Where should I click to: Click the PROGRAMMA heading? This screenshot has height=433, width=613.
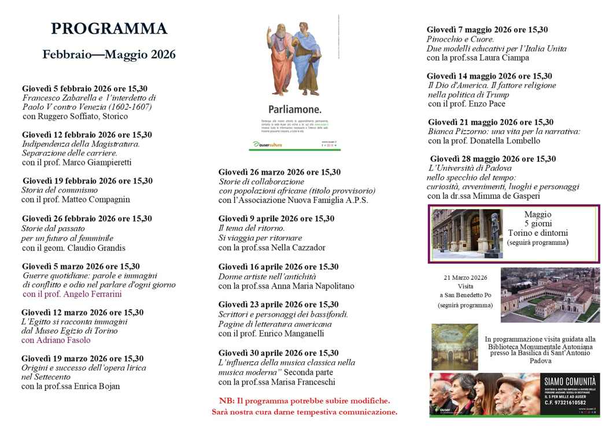tap(109, 28)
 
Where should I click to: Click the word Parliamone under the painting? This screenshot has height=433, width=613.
tap(294, 109)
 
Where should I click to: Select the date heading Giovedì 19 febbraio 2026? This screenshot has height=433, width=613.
tap(87, 181)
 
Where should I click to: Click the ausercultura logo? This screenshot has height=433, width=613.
tap(268, 144)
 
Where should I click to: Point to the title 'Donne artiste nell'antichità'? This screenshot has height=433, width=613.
tap(267, 276)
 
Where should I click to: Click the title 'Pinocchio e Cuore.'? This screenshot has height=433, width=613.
tap(460, 39)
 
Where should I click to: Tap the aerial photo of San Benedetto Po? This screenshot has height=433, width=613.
tap(549, 295)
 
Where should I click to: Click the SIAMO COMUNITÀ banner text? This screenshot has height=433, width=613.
tap(570, 382)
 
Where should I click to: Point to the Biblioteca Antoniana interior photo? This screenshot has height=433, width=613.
tap(455, 346)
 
